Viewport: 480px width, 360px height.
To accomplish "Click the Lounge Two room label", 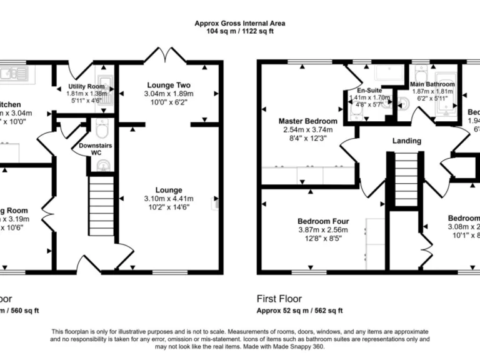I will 169,85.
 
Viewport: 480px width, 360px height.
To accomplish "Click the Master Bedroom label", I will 307,121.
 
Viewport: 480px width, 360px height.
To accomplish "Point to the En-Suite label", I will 366,90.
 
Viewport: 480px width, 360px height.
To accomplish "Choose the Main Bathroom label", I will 432,84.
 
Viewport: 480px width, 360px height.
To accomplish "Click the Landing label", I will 406,141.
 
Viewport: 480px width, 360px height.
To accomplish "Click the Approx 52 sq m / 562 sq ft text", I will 300,311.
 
